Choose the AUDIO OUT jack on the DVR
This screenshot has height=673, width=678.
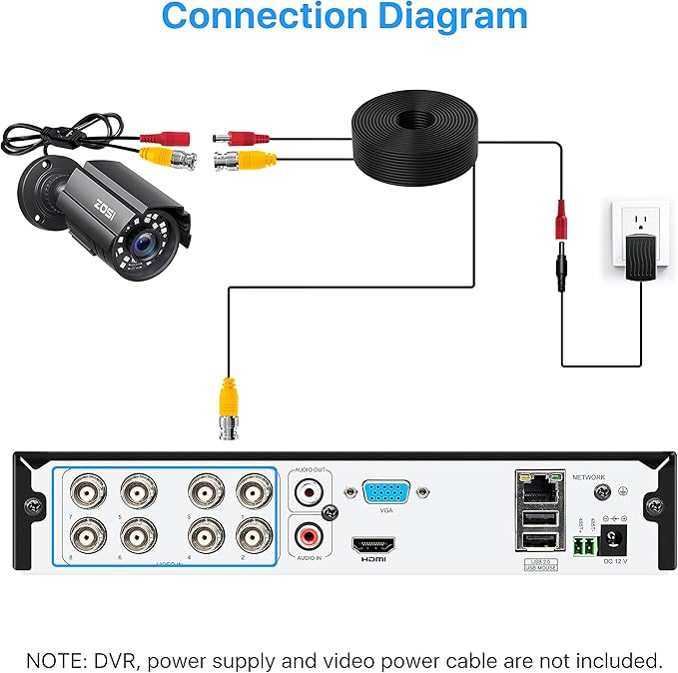(309, 491)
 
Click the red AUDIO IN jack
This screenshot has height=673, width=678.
(309, 536)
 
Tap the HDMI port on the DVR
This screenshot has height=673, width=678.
(372, 545)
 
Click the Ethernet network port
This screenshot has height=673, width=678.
(537, 486)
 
